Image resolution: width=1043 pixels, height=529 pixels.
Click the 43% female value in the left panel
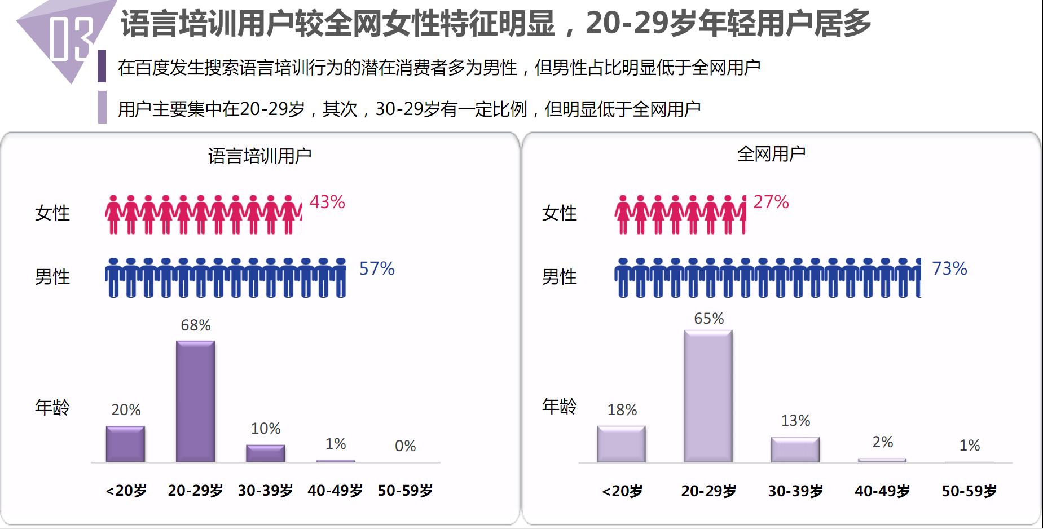tap(327, 202)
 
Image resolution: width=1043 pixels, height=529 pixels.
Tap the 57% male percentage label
tap(377, 268)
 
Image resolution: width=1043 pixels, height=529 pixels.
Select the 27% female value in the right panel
tap(771, 202)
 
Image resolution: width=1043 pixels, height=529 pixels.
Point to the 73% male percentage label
tap(949, 268)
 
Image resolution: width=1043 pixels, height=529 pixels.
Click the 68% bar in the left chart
tap(195, 401)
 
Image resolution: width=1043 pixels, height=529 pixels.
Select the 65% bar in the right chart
tap(708, 396)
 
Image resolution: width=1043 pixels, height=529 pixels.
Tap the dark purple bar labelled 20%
tap(125, 444)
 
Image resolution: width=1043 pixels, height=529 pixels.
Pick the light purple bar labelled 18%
tap(621, 444)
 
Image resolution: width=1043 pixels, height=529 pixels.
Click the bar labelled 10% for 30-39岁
tap(265, 453)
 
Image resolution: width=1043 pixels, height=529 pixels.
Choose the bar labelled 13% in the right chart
tap(795, 449)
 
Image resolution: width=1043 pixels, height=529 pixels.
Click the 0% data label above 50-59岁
tap(405, 446)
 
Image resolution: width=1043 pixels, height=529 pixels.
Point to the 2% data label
tap(882, 442)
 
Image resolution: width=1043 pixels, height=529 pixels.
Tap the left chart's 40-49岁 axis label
tap(335, 491)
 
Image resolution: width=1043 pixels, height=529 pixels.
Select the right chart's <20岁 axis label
tap(622, 491)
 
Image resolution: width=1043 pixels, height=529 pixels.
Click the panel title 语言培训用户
tap(259, 156)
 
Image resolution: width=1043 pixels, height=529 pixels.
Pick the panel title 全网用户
tap(771, 153)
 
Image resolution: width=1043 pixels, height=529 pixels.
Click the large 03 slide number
tap(70, 38)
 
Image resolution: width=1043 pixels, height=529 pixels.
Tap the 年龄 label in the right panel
tap(559, 406)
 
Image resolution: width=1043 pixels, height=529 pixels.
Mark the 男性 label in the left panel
tap(52, 277)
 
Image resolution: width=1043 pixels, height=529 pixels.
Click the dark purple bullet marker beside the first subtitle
tap(102, 66)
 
